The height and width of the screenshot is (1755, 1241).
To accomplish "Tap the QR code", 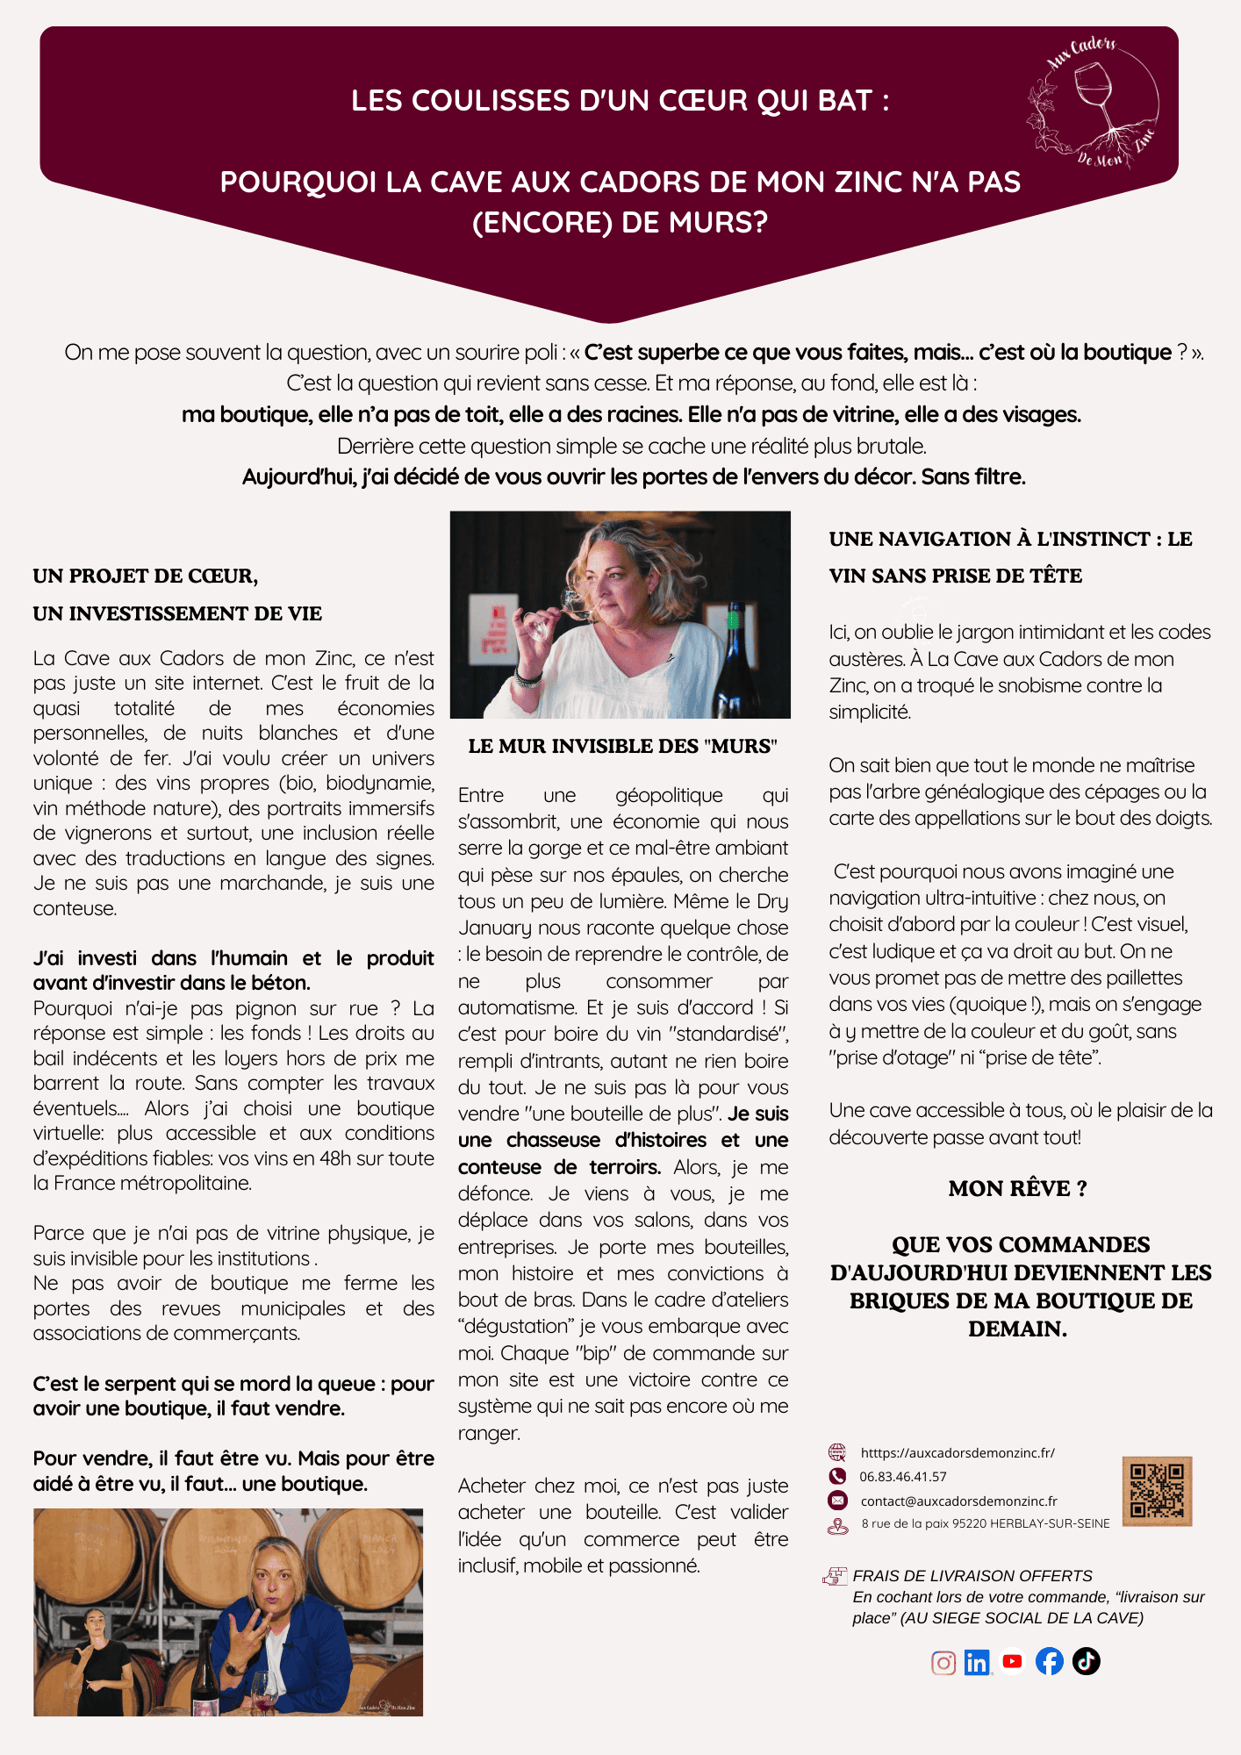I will [x=1157, y=1490].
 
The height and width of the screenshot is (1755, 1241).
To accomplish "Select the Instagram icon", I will [x=943, y=1663].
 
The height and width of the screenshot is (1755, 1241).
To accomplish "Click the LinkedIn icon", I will [x=977, y=1663].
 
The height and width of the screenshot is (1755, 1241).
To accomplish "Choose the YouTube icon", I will [x=1013, y=1661].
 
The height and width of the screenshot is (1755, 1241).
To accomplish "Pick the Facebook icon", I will [x=1050, y=1661].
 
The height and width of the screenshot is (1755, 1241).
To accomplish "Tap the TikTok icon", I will [x=1087, y=1661].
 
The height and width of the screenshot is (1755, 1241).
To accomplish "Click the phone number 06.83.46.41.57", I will [x=903, y=1477].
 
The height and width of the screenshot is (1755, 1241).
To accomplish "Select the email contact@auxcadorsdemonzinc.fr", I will [x=958, y=1501].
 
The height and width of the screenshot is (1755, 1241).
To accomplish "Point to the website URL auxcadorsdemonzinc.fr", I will [x=958, y=1453].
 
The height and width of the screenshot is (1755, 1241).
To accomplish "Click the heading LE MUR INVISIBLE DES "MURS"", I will [x=622, y=747].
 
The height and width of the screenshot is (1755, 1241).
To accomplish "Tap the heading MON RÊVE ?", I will [x=1017, y=1189].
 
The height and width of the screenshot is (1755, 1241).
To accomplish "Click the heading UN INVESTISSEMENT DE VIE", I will [x=177, y=614].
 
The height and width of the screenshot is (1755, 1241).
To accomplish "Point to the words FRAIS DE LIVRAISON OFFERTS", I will [x=972, y=1576].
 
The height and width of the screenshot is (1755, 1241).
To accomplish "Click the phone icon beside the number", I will [x=838, y=1477].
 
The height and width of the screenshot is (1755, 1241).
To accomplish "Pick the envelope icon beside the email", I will [x=838, y=1501].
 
